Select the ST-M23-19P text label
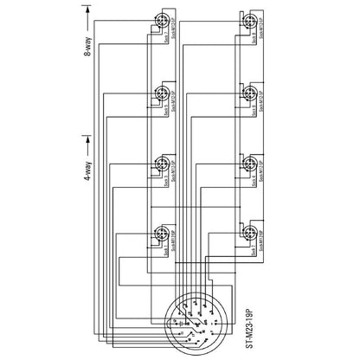coord(249,320)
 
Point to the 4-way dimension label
coord(87,184)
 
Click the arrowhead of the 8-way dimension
coord(87,9)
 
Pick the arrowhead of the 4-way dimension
coord(87,138)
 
